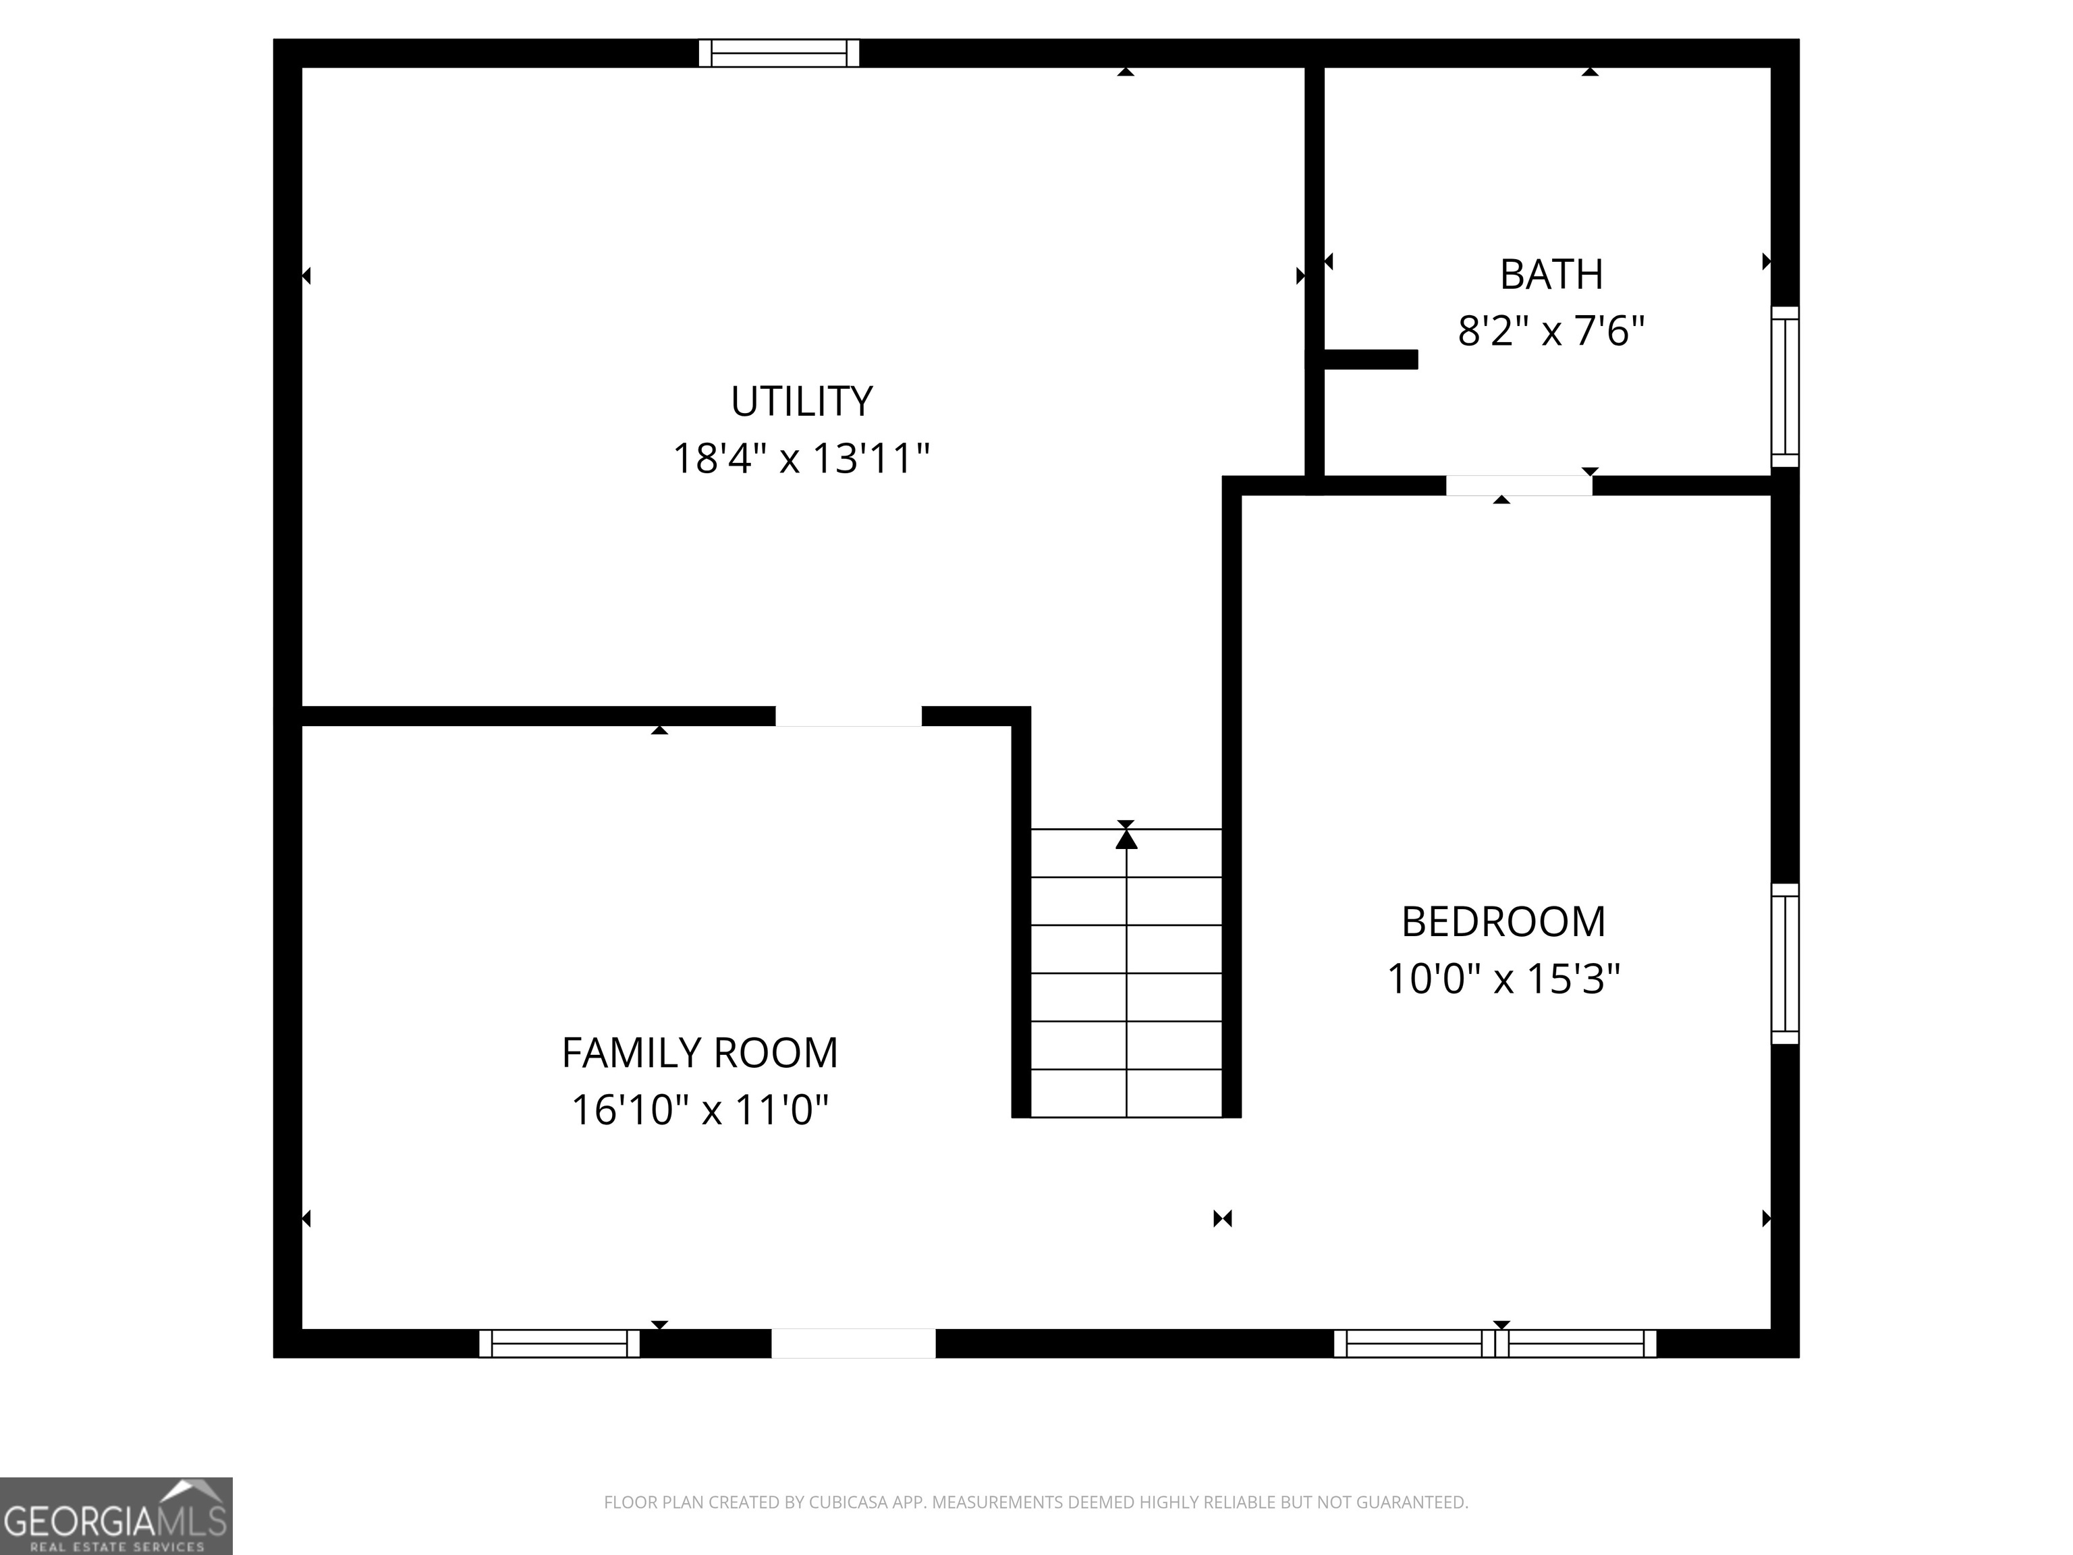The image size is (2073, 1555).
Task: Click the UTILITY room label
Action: (801, 401)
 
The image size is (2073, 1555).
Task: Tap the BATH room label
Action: (1551, 275)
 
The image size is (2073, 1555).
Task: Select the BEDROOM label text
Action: (1503, 923)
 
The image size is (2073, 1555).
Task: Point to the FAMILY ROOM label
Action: (699, 1053)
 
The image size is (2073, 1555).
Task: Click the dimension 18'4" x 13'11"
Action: (801, 460)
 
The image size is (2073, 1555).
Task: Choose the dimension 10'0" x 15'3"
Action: (1503, 979)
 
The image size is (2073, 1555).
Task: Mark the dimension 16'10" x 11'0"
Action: (699, 1111)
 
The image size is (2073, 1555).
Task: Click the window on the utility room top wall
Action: (779, 53)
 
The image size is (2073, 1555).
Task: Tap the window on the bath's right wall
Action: (1784, 386)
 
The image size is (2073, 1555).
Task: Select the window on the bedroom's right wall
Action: (1784, 964)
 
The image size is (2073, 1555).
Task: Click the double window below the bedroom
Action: (1495, 1343)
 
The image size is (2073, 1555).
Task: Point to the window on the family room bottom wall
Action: (559, 1343)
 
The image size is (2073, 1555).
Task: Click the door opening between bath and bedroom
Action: (1518, 485)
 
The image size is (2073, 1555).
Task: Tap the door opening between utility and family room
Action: (848, 716)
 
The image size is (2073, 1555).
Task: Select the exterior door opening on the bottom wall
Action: (853, 1343)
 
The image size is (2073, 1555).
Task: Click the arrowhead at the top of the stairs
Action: (1126, 839)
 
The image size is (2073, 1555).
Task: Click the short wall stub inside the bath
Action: (1369, 359)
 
